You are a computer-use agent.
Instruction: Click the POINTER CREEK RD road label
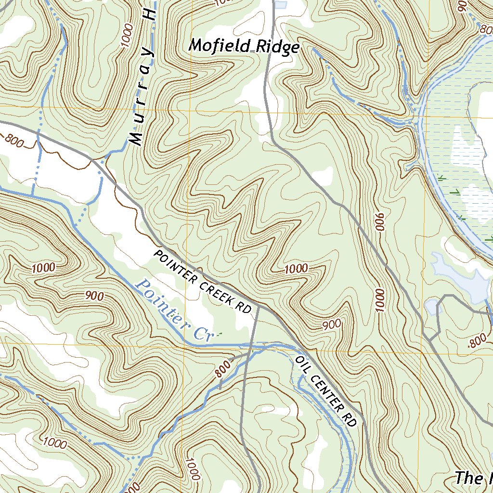[x=203, y=282]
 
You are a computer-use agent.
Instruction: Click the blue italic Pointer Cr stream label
[x=173, y=311]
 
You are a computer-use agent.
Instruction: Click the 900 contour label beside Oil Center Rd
[x=332, y=325]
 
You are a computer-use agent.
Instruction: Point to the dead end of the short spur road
[x=220, y=388]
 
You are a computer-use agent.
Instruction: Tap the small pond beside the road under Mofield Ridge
[x=281, y=5]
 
